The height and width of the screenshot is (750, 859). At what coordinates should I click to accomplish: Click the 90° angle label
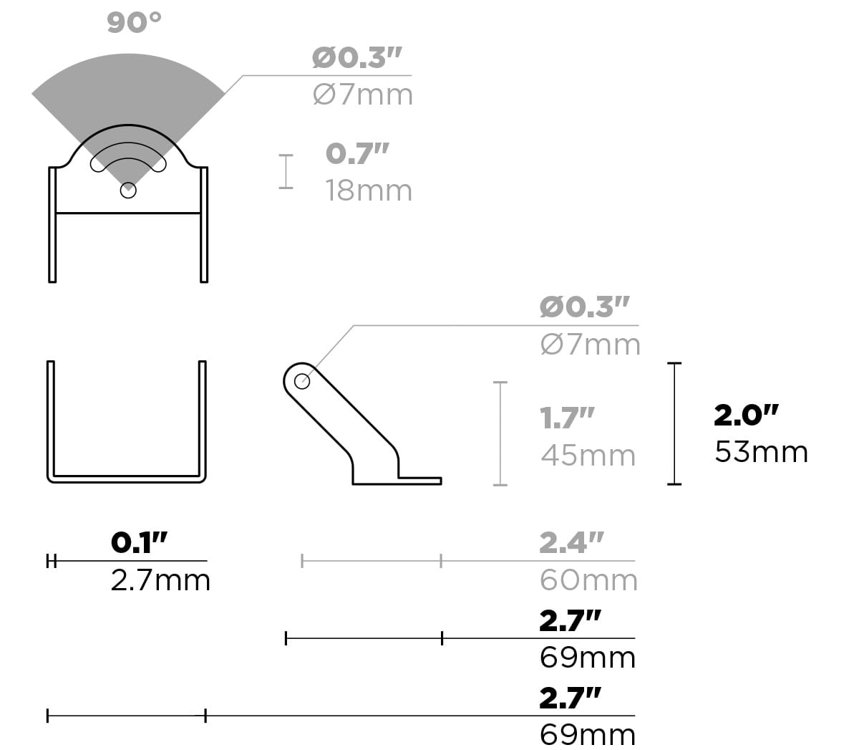134,22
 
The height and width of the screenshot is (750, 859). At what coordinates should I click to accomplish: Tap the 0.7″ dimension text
357,153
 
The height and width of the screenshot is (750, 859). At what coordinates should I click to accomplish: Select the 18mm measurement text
369,191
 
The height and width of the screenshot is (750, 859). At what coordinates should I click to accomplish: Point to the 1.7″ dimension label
567,418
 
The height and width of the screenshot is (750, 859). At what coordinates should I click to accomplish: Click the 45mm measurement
588,456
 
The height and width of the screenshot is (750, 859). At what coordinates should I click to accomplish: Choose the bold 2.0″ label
746,415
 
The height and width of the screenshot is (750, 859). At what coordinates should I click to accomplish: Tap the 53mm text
761,452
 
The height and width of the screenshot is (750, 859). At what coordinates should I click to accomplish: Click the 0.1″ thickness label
139,542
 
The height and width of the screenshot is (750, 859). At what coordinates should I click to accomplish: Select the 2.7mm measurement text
160,580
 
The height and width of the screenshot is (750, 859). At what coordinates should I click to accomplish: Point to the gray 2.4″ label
571,542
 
